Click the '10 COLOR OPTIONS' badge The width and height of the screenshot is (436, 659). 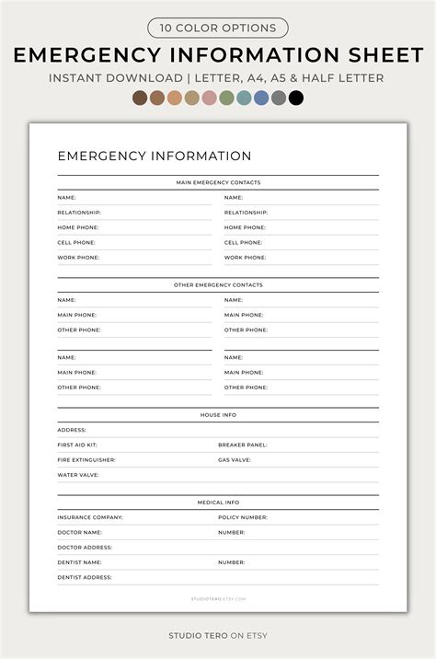(x=218, y=28)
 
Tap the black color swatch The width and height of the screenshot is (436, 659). (x=295, y=98)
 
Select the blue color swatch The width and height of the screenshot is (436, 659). (x=261, y=98)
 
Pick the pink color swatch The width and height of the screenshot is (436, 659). (x=209, y=98)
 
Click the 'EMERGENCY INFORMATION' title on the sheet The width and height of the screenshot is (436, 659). (x=154, y=156)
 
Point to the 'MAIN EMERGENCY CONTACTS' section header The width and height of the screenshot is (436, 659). (x=218, y=182)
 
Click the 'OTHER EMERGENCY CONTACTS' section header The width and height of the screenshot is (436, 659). (x=218, y=284)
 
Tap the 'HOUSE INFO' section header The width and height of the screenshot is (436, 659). (x=218, y=415)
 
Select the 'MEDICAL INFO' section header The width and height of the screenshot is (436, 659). (x=218, y=503)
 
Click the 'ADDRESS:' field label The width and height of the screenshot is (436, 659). (x=72, y=430)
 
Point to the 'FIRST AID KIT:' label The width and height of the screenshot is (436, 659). (x=77, y=445)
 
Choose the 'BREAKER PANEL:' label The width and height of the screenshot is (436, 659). (x=243, y=445)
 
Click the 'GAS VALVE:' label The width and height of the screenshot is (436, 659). (x=235, y=459)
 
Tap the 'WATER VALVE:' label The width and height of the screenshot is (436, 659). (x=78, y=475)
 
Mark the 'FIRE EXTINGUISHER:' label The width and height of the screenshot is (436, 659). (x=86, y=459)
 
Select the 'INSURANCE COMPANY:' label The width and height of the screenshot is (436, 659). (x=90, y=517)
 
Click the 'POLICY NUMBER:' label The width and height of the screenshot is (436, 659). (x=243, y=517)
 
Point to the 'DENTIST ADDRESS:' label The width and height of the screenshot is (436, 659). (x=85, y=577)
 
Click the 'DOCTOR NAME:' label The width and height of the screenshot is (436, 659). (x=79, y=532)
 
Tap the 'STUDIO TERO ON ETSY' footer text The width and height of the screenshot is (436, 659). (x=218, y=635)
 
